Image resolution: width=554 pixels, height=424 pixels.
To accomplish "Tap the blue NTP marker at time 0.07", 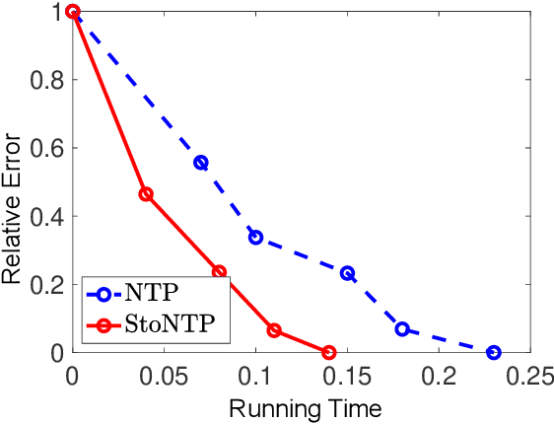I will pyautogui.click(x=201, y=163).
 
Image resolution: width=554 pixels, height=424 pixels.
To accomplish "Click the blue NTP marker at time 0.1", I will pyautogui.click(x=255, y=238).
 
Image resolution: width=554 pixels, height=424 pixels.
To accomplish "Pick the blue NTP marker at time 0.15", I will pyautogui.click(x=347, y=273).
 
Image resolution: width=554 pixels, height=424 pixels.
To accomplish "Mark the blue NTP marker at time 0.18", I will pyautogui.click(x=402, y=328).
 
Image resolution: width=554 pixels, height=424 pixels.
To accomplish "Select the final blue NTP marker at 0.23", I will pyautogui.click(x=494, y=352).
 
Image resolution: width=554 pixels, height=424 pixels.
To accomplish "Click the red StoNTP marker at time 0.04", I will pyautogui.click(x=146, y=194).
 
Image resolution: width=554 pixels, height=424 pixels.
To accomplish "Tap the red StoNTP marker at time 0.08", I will pyautogui.click(x=219, y=271).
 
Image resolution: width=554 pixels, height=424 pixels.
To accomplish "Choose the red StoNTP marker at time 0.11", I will pyautogui.click(x=274, y=330).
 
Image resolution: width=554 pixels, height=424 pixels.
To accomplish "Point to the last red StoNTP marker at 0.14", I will pyautogui.click(x=329, y=352).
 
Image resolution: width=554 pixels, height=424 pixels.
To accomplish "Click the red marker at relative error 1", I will pyautogui.click(x=73, y=12).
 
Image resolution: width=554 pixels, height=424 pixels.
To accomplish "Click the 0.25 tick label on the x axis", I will pyautogui.click(x=529, y=376).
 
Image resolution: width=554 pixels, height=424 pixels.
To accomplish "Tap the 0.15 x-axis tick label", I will pyautogui.click(x=347, y=376).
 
